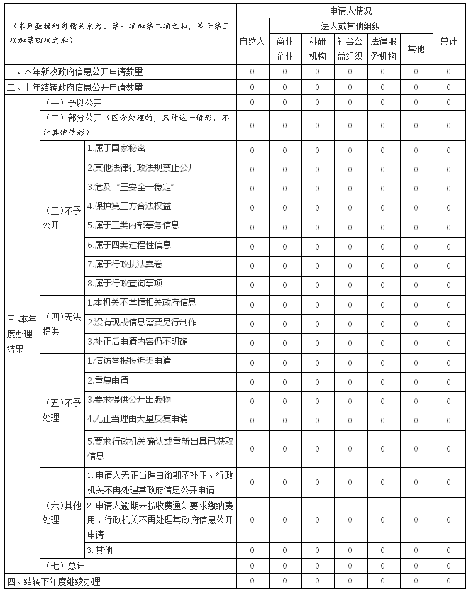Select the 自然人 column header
[252, 41]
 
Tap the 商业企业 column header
[284, 48]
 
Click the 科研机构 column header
[317, 48]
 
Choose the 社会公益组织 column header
[350, 48]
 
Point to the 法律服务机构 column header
[382, 48]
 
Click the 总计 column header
[448, 41]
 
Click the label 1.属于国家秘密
[116, 149]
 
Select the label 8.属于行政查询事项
[124, 284]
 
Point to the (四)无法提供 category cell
[61, 323]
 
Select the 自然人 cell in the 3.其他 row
[252, 550]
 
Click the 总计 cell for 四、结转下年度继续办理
[448, 581]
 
